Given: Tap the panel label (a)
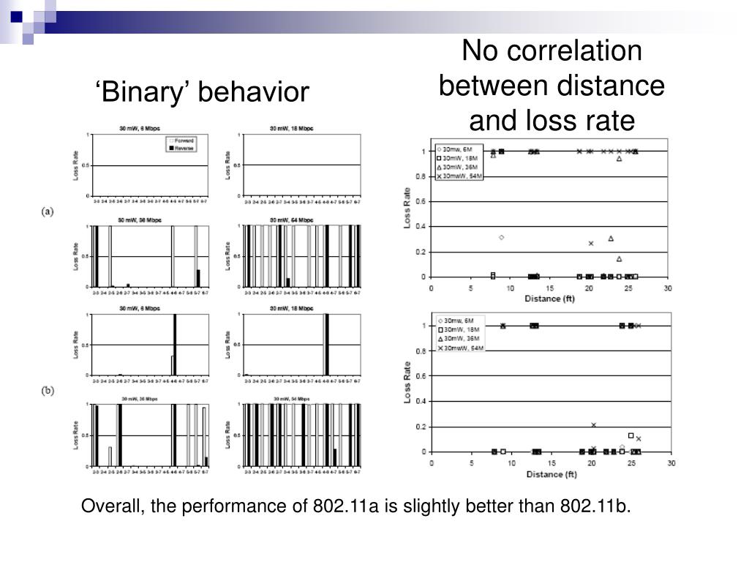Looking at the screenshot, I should point(48,211).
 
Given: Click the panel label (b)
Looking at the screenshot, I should point(48,391).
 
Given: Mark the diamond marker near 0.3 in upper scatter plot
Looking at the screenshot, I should point(501,237).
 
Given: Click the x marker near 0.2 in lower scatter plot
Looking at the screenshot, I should point(593,424).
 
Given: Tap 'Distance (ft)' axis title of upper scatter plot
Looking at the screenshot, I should point(549,299).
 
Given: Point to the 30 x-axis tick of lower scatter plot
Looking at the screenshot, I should point(671,463).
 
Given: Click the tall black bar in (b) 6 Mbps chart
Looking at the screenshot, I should point(175,345).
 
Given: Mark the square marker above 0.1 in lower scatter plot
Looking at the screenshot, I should point(631,435).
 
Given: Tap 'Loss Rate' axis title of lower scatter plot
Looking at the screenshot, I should point(408,381).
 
